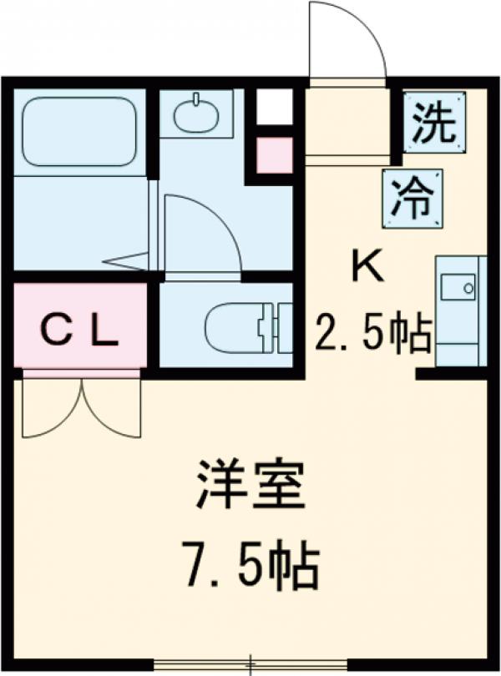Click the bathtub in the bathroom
point(79,130)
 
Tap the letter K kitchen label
point(367,268)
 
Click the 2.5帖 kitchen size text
point(372,334)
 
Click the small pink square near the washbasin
point(274,154)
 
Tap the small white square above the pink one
point(274,107)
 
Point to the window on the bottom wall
point(250,664)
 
